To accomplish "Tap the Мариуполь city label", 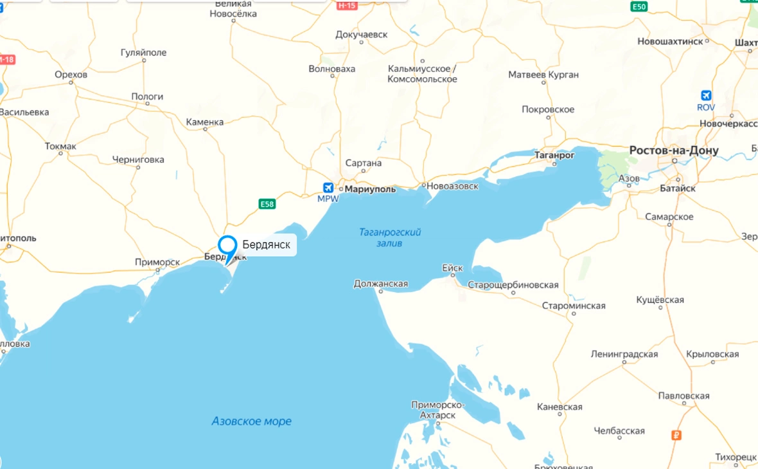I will click(370, 190).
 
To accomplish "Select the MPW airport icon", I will click(328, 188).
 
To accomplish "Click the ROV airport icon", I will click(706, 95).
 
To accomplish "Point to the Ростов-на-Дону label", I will click(674, 151).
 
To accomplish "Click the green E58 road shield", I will click(267, 204).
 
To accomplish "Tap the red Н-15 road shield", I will click(346, 5).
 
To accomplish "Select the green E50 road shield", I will click(638, 6).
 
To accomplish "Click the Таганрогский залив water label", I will click(390, 237).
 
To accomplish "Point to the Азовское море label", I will click(251, 421).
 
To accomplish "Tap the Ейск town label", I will click(452, 268).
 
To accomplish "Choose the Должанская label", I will click(381, 284).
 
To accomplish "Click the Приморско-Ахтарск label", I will click(437, 410).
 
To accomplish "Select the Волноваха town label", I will click(331, 69).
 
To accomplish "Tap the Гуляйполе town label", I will click(143, 53).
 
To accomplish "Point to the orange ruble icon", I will click(676, 436).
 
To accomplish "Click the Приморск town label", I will click(157, 262).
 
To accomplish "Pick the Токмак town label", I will click(60, 146).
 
